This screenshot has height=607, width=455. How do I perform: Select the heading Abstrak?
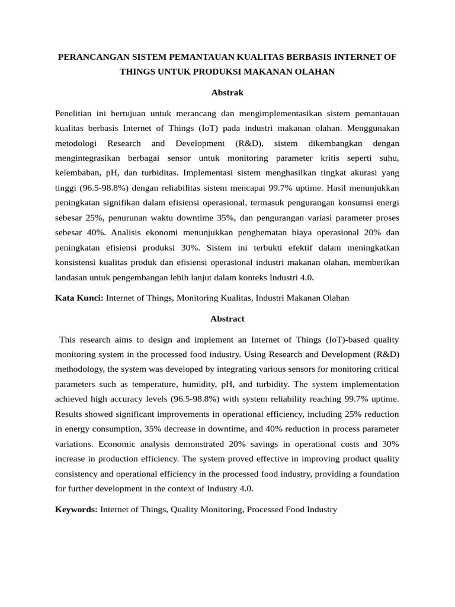click(x=227, y=92)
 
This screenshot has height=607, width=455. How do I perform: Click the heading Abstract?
click(x=227, y=318)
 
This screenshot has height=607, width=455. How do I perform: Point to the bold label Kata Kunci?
click(x=79, y=298)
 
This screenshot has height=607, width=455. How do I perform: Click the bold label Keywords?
click(x=76, y=509)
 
